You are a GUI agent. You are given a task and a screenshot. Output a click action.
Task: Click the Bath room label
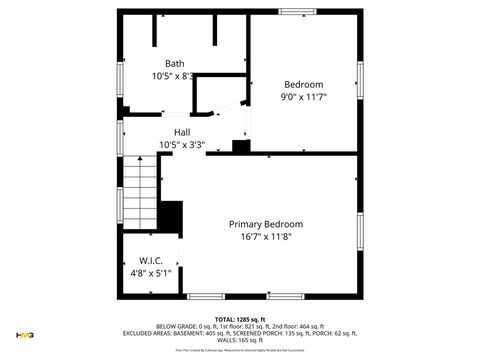point(174,64)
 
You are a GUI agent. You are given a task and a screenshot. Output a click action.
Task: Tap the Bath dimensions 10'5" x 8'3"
point(173,76)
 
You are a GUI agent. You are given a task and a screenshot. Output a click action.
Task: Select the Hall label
point(182,133)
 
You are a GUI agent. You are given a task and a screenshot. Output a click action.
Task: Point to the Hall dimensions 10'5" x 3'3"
point(182,145)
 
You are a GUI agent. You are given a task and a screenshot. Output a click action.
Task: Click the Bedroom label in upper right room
point(303,84)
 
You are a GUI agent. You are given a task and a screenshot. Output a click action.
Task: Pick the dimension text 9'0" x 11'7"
point(303,97)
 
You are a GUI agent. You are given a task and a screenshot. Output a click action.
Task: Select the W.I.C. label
point(151,261)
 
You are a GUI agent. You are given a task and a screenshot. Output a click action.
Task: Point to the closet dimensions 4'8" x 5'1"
point(151,273)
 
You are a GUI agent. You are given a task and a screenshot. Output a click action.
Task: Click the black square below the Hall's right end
point(240,146)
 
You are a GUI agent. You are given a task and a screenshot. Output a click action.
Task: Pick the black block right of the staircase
point(172,216)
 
